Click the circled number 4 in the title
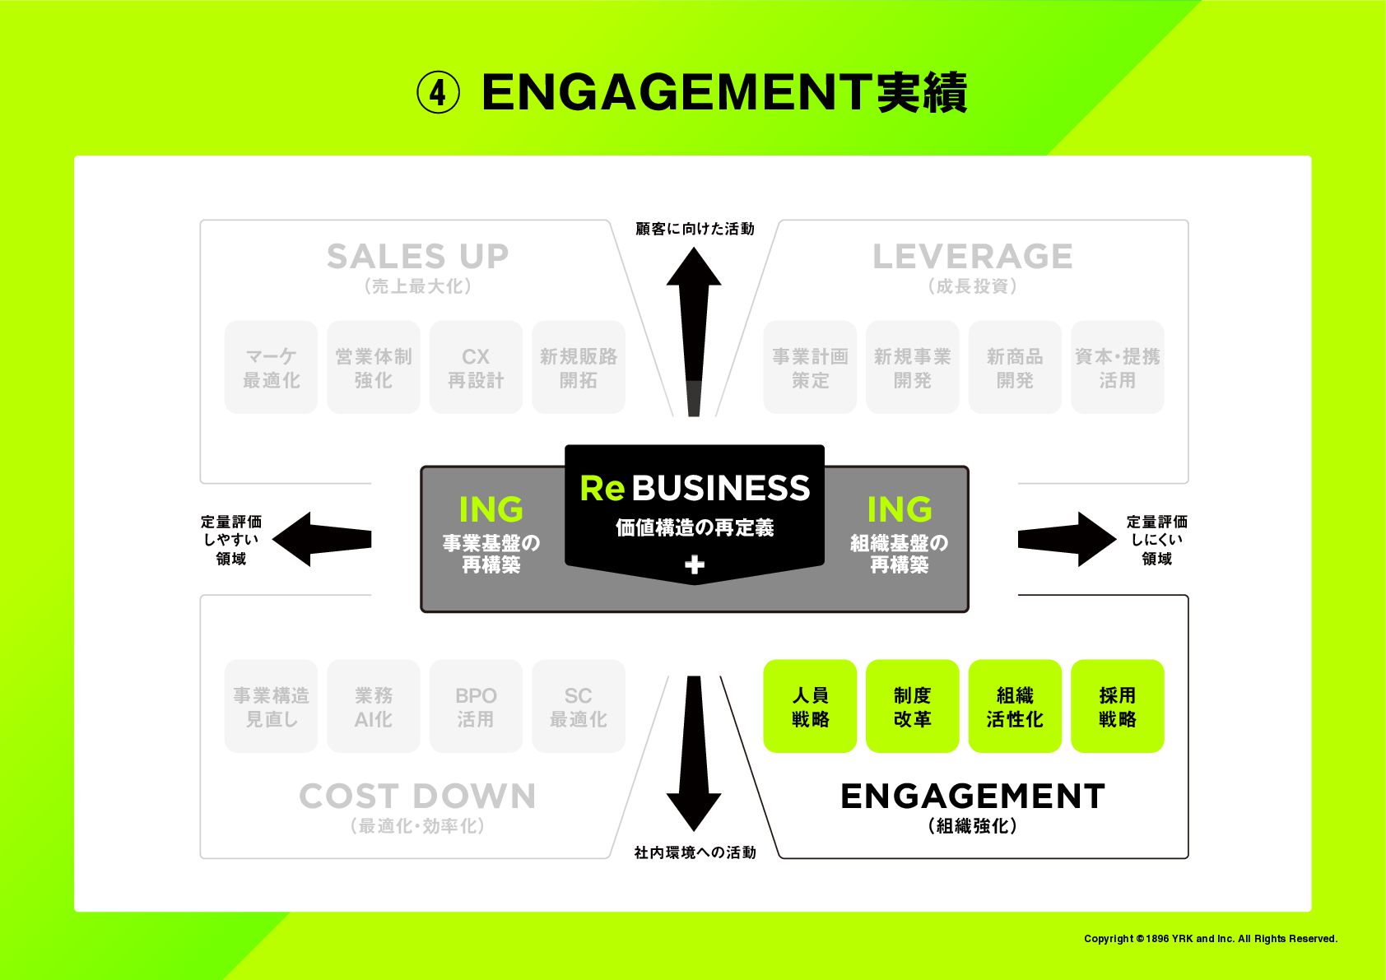438,93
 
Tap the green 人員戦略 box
810,706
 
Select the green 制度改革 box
912,706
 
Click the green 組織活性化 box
1014,706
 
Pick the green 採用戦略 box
1117,706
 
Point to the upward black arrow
694,329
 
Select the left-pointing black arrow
321,540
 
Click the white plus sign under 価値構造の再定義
695,564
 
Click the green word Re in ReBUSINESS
602,488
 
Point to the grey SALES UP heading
417,257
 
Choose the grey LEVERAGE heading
972,257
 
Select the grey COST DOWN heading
417,797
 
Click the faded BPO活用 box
476,706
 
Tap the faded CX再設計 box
476,367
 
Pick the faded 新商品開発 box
1014,367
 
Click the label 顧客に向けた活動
695,229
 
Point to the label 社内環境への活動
695,852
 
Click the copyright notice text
1210,939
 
